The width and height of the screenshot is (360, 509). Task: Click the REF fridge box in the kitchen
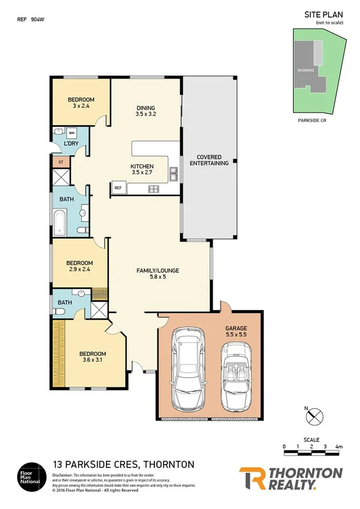117,188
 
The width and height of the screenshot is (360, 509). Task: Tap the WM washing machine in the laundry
71,132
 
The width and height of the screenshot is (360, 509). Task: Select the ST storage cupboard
60,162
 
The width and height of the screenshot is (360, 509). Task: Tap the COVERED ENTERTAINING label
209,159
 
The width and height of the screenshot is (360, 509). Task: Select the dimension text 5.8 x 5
158,278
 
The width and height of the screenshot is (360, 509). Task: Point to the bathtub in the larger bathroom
60,222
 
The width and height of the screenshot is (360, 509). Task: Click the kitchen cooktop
153,189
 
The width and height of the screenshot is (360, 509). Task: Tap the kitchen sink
173,174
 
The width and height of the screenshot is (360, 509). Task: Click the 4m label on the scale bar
339,447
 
